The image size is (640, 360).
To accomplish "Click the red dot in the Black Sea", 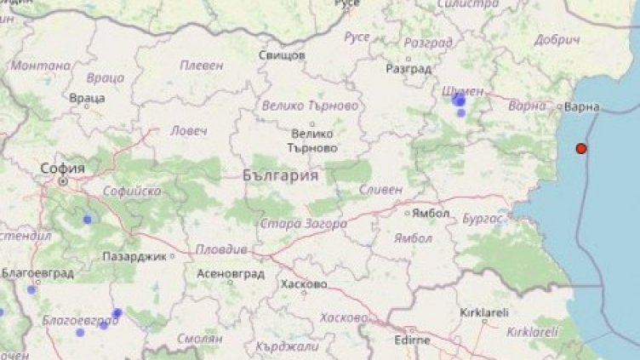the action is [x=581, y=148].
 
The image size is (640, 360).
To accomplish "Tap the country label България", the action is [x=280, y=176].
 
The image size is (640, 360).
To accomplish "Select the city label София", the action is [x=63, y=169].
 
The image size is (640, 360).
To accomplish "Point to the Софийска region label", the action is [x=132, y=192].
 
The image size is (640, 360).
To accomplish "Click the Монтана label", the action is [x=41, y=66].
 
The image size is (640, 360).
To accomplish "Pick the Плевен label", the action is [x=202, y=65].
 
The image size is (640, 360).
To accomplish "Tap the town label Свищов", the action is [x=282, y=55].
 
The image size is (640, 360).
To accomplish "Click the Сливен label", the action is [x=381, y=190].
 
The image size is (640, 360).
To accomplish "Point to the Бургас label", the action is [x=483, y=219].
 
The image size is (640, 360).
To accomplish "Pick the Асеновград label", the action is [x=230, y=275].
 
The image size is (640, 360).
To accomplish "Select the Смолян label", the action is [x=200, y=337].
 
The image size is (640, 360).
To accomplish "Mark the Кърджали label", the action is [x=292, y=346].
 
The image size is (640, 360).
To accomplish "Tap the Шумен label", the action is [x=464, y=90].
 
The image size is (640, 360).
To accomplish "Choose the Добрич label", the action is [x=557, y=40].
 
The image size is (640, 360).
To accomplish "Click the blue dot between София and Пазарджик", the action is [x=87, y=220].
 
